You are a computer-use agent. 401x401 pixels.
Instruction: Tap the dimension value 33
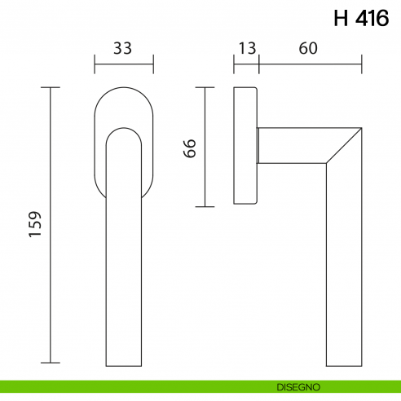click(x=123, y=48)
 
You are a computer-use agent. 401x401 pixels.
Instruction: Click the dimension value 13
click(x=245, y=48)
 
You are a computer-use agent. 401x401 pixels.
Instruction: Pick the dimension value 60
click(x=307, y=48)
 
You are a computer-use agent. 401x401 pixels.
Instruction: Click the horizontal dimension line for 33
click(x=124, y=64)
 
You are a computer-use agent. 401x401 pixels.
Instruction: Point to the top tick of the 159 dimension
click(x=51, y=86)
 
